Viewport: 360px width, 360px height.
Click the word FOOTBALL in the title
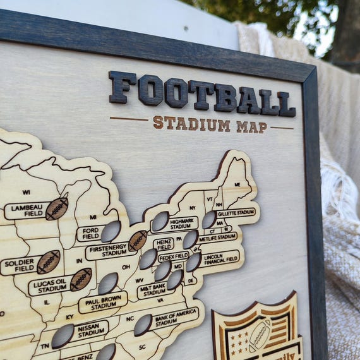(201, 95)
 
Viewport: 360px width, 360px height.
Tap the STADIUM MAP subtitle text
(210, 124)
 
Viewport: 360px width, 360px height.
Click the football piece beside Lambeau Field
(57, 208)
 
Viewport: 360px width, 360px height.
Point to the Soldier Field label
(19, 265)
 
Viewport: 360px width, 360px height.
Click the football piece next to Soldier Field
(49, 261)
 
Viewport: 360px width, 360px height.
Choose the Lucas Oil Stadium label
(49, 285)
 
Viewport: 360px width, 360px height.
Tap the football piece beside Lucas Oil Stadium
(81, 279)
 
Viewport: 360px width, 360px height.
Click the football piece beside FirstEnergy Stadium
(138, 240)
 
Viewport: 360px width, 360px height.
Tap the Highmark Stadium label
(183, 223)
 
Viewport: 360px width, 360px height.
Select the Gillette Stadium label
(236, 213)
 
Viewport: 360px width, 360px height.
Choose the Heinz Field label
(163, 244)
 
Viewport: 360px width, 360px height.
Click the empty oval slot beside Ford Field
(111, 231)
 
